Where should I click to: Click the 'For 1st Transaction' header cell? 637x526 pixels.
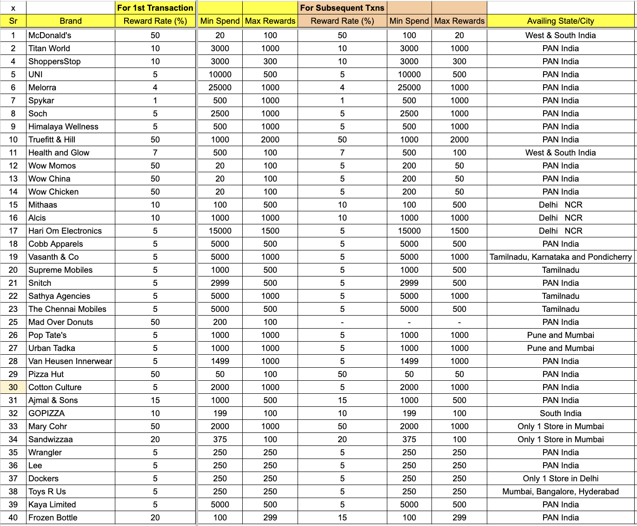pyautogui.click(x=155, y=8)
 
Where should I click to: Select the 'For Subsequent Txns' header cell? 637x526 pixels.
pyautogui.click(x=342, y=8)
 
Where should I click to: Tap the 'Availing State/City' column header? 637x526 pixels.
pyautogui.click(x=560, y=21)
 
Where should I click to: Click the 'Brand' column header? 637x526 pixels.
pyautogui.click(x=71, y=21)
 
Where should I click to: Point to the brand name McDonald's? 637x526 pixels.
pyautogui.click(x=50, y=35)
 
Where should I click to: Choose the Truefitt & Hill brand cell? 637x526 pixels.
pyautogui.click(x=52, y=140)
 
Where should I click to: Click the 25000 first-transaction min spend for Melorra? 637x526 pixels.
pyautogui.click(x=220, y=88)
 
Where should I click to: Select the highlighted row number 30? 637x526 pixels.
pyautogui.click(x=13, y=387)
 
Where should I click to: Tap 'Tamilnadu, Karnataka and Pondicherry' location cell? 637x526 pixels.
pyautogui.click(x=560, y=257)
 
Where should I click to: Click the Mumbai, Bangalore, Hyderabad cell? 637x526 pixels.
pyautogui.click(x=560, y=492)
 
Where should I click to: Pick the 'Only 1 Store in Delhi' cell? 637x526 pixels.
pyautogui.click(x=560, y=479)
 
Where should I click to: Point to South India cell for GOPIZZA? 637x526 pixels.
pyautogui.click(x=560, y=413)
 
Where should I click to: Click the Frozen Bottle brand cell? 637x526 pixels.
pyautogui.click(x=53, y=518)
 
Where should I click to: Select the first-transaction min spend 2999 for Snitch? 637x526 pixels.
pyautogui.click(x=220, y=283)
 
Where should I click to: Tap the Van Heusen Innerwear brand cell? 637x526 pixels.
pyautogui.click(x=70, y=361)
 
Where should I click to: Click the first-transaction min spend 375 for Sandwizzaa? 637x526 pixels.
pyautogui.click(x=220, y=439)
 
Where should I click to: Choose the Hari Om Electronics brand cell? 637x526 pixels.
pyautogui.click(x=65, y=231)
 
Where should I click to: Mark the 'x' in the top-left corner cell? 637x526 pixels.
pyautogui.click(x=13, y=8)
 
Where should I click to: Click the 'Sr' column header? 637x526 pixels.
pyautogui.click(x=13, y=21)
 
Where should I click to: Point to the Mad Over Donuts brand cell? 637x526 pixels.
pyautogui.click(x=60, y=322)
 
